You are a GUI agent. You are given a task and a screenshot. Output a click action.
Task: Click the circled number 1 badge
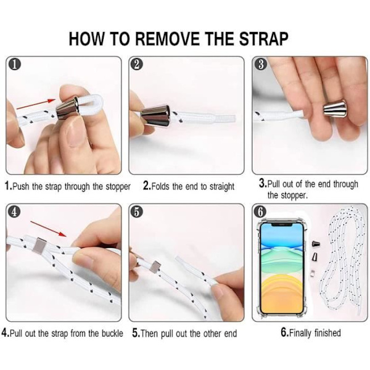tap(15, 65)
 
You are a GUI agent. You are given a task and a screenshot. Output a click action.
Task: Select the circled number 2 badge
tap(137, 64)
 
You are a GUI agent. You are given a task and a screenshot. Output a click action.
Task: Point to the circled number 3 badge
tap(261, 64)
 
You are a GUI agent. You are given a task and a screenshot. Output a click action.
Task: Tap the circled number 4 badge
tap(15, 212)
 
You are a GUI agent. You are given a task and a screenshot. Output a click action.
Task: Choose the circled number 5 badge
tap(137, 212)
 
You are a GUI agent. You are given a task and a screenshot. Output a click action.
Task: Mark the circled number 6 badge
tap(260, 212)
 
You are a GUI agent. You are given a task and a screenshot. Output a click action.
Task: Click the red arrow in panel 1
tap(36, 105)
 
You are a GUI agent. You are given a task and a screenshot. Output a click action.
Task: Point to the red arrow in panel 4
tap(48, 229)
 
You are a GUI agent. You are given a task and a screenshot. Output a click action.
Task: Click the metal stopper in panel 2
tap(155, 115)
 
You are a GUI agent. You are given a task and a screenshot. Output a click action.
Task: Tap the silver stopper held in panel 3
tap(335, 109)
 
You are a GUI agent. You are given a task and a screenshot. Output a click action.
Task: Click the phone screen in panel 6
tap(282, 268)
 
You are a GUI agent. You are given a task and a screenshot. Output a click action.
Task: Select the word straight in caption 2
tap(222, 186)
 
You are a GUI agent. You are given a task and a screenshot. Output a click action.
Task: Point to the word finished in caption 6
tap(327, 333)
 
